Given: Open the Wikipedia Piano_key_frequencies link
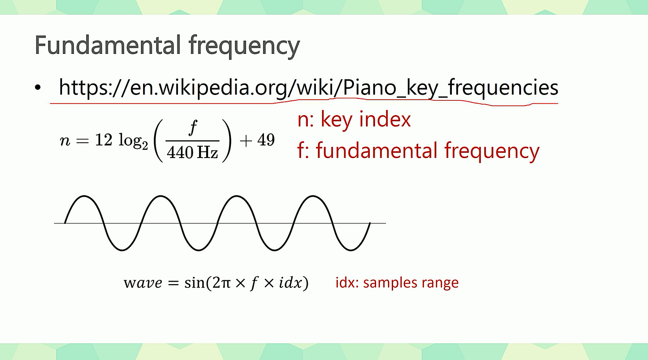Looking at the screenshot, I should [308, 88].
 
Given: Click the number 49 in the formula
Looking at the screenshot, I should [266, 141].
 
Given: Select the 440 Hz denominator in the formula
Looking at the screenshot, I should [193, 153].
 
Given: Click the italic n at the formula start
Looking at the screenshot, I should [64, 142].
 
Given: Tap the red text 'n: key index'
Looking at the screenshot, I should [354, 119].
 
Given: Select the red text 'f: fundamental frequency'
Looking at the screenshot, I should [418, 150].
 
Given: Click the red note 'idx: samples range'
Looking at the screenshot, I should [397, 282].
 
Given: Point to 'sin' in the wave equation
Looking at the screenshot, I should [193, 283].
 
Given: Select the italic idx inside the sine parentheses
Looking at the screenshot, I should [291, 283].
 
